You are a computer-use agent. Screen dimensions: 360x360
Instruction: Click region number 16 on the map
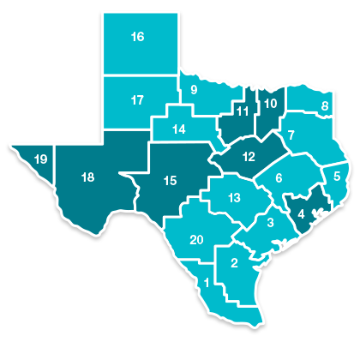pos(137,37)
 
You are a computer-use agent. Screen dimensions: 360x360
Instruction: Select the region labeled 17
pos(137,100)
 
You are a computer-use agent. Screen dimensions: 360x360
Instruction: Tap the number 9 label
pos(194,89)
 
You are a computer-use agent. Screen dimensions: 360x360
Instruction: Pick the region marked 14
pos(178,129)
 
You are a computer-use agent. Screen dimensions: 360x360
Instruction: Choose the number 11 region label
pos(243,111)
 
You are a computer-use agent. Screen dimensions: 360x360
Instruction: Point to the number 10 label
pos(269,105)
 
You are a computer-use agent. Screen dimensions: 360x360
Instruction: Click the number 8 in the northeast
pos(325,106)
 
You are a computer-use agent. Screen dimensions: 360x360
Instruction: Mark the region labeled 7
pos(291,135)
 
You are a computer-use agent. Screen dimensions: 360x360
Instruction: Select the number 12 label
pos(249,157)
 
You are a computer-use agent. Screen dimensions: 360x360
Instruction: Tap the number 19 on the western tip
pos(40,159)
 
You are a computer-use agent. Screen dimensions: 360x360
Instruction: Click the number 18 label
pos(87,177)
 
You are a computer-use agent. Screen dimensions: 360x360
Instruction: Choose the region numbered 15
pos(170,180)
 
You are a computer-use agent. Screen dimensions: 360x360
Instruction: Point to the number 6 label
pos(279,178)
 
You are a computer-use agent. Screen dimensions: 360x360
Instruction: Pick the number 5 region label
pos(337,177)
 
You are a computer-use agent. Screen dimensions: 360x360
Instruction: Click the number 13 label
pos(234,198)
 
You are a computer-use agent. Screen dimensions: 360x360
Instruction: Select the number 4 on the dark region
pos(301,213)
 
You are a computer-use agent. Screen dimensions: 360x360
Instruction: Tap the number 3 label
pos(270,223)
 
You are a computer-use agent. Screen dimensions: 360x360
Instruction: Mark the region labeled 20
pos(196,239)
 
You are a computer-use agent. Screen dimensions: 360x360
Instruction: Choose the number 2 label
pos(235,263)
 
